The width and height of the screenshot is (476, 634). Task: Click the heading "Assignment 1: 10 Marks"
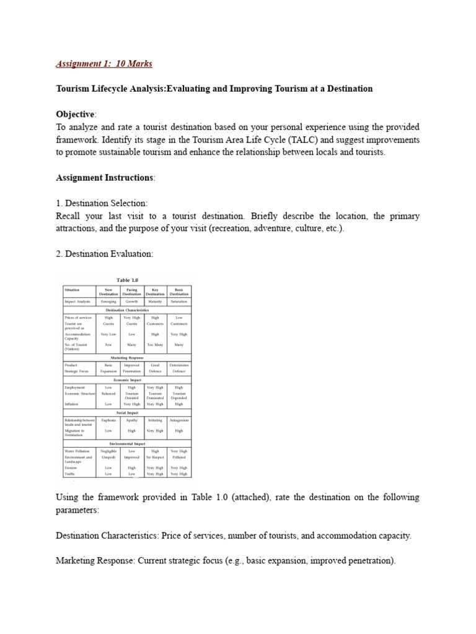(104, 64)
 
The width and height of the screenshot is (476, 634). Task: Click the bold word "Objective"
(75, 115)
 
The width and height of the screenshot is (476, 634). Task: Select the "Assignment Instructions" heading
(105, 178)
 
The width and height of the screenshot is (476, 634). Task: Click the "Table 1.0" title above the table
(126, 280)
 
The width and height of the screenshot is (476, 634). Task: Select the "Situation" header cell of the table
(73, 289)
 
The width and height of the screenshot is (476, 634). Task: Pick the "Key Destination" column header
(155, 291)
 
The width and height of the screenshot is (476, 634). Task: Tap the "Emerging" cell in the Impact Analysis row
(108, 302)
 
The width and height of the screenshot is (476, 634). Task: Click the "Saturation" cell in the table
(179, 302)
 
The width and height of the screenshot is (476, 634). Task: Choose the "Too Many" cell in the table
(155, 344)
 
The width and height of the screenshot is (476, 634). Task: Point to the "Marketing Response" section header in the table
(126, 358)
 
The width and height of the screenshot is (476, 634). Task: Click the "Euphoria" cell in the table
(108, 420)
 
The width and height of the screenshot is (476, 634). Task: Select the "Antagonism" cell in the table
(179, 420)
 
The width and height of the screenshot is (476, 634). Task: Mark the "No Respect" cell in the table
(155, 457)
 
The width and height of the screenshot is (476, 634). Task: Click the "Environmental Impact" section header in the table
(126, 444)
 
